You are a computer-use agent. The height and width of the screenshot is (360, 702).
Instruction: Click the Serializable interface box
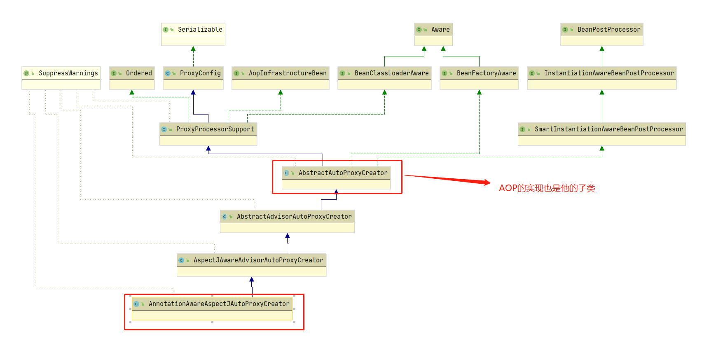tap(193, 34)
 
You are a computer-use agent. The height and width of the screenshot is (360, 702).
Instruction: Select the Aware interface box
tap(433, 34)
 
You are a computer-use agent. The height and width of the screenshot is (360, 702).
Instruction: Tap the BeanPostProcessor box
tap(601, 34)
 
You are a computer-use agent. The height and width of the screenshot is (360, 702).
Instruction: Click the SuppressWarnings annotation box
tap(61, 78)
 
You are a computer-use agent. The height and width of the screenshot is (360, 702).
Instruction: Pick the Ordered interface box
tap(132, 78)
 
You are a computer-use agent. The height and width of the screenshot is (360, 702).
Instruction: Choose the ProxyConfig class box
tap(193, 78)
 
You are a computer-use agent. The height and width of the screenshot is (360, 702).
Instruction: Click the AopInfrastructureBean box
tap(281, 78)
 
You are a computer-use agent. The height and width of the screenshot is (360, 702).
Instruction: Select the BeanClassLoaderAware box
tap(384, 78)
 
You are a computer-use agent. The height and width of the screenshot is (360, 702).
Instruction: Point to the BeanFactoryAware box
tap(479, 78)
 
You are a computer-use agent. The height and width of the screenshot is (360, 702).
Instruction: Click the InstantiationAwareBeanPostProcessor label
tap(608, 73)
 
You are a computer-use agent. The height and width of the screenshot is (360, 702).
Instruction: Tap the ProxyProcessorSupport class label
tap(215, 129)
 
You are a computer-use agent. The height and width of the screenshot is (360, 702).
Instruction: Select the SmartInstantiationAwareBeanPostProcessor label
tap(608, 129)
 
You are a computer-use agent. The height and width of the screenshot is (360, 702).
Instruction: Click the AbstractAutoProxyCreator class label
tap(343, 173)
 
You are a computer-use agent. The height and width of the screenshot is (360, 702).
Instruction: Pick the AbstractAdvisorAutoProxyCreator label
tap(294, 217)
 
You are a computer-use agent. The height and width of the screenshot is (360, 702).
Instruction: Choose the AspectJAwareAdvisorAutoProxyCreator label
tap(258, 260)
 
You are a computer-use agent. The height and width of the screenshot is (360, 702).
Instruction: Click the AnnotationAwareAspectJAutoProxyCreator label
tap(219, 304)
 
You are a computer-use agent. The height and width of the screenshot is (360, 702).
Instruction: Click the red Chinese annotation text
tap(547, 188)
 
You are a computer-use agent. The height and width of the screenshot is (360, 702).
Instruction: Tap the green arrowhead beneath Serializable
tap(193, 49)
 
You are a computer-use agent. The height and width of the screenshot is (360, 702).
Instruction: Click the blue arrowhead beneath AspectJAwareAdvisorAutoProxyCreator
tap(252, 280)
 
